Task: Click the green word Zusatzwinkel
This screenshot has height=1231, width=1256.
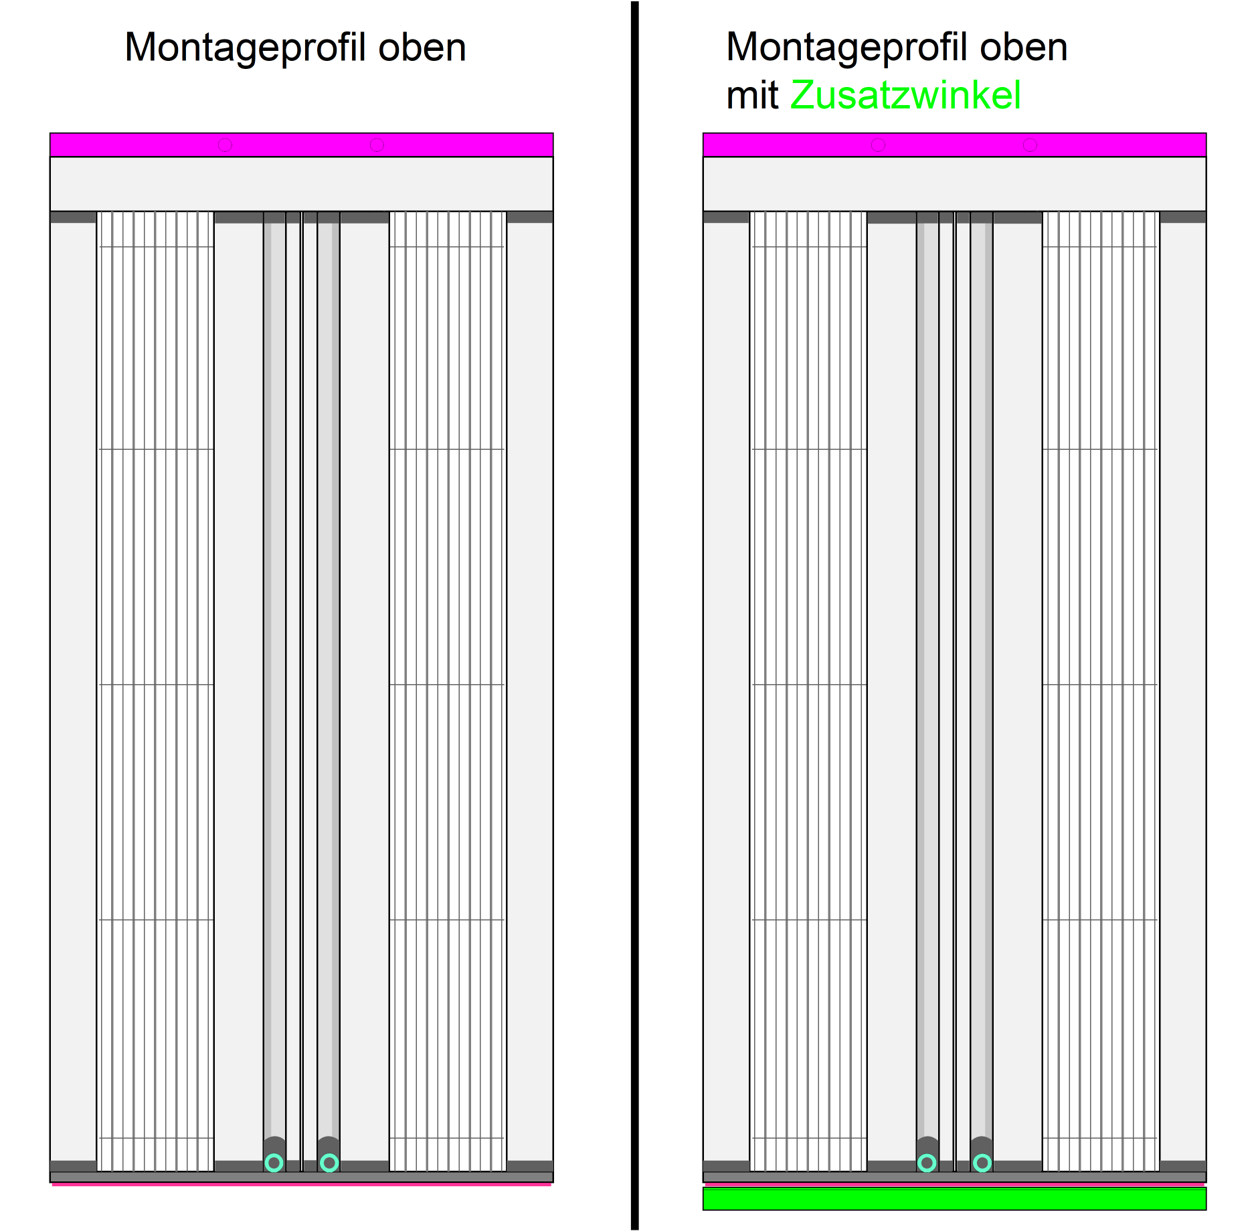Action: [905, 95]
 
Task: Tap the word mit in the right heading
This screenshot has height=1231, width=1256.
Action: [752, 95]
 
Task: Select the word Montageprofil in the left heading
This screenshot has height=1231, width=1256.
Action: [245, 48]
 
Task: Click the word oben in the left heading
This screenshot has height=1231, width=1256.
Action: [422, 48]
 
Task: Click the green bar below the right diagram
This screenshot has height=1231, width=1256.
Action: [954, 1198]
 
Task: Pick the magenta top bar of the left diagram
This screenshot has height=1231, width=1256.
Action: [301, 145]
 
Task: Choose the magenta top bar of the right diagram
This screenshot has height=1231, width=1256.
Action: [954, 145]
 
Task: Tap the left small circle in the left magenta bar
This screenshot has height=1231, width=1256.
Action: [225, 145]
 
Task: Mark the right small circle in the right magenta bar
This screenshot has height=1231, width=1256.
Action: [1030, 145]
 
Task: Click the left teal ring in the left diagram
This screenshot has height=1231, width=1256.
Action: [274, 1163]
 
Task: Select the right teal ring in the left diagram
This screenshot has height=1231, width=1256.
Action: [329, 1163]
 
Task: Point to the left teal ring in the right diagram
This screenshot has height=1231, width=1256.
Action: [927, 1163]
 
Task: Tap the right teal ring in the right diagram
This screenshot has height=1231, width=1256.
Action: [982, 1163]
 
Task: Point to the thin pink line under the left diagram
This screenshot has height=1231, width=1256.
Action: [301, 1184]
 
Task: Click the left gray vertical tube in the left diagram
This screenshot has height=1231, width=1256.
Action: [274, 669]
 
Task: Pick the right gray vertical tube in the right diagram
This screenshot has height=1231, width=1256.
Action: [982, 669]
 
